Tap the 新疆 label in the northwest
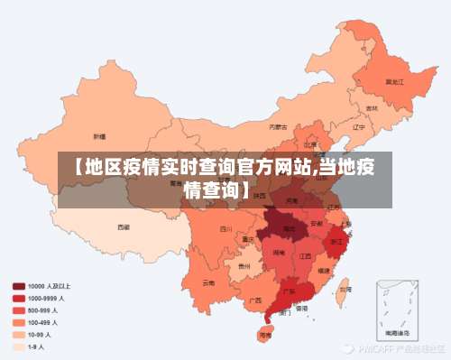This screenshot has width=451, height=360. [x=101, y=135]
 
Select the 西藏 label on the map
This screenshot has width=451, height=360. [x=124, y=227]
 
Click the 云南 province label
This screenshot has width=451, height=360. [x=208, y=282]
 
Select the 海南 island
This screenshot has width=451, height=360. [x=265, y=335]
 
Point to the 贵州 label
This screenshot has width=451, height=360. [x=244, y=267]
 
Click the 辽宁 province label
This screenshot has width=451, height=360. [x=358, y=127]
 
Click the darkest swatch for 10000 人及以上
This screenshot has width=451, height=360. [x=18, y=286]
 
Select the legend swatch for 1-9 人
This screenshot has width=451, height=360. [x=18, y=345]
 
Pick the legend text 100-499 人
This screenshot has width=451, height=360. [x=42, y=321]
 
